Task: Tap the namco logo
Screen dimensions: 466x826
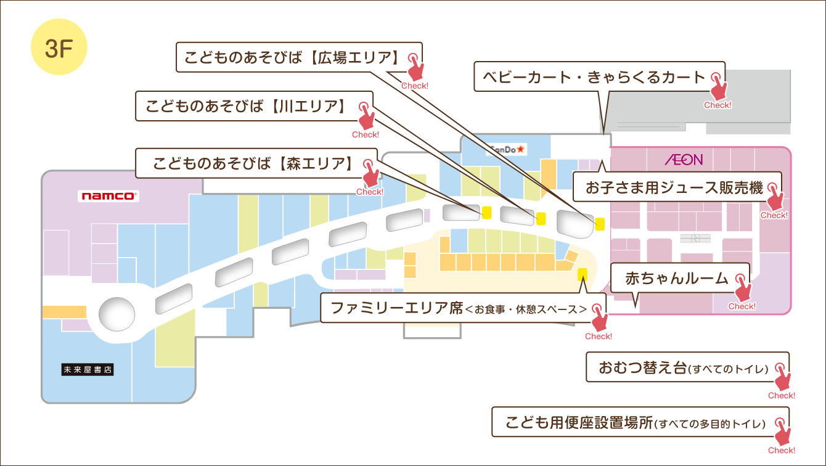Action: [108, 196]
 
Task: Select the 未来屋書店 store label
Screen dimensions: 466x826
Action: [88, 370]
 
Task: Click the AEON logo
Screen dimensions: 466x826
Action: [683, 160]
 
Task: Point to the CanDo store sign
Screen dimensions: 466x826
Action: [507, 149]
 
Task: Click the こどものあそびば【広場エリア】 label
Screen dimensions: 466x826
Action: [290, 59]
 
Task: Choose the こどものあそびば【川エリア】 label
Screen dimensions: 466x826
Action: [245, 107]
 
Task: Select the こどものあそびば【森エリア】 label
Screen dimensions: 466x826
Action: [253, 164]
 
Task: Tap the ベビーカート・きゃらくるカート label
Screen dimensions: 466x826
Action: [594, 77]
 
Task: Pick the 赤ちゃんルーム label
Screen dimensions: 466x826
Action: [677, 278]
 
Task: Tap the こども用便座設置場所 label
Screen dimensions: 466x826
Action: [635, 423]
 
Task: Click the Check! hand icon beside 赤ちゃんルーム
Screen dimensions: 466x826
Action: [742, 291]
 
